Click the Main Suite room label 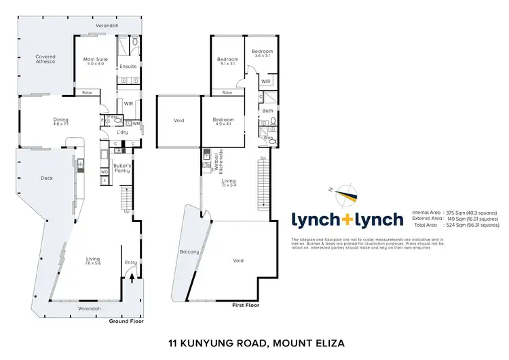click(x=94, y=60)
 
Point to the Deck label click(x=48, y=178)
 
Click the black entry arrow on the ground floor click(x=132, y=278)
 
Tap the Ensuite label click(x=128, y=67)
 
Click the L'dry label click(x=122, y=132)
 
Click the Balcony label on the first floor click(x=188, y=252)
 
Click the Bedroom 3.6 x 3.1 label click(x=262, y=54)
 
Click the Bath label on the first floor click(x=267, y=111)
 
